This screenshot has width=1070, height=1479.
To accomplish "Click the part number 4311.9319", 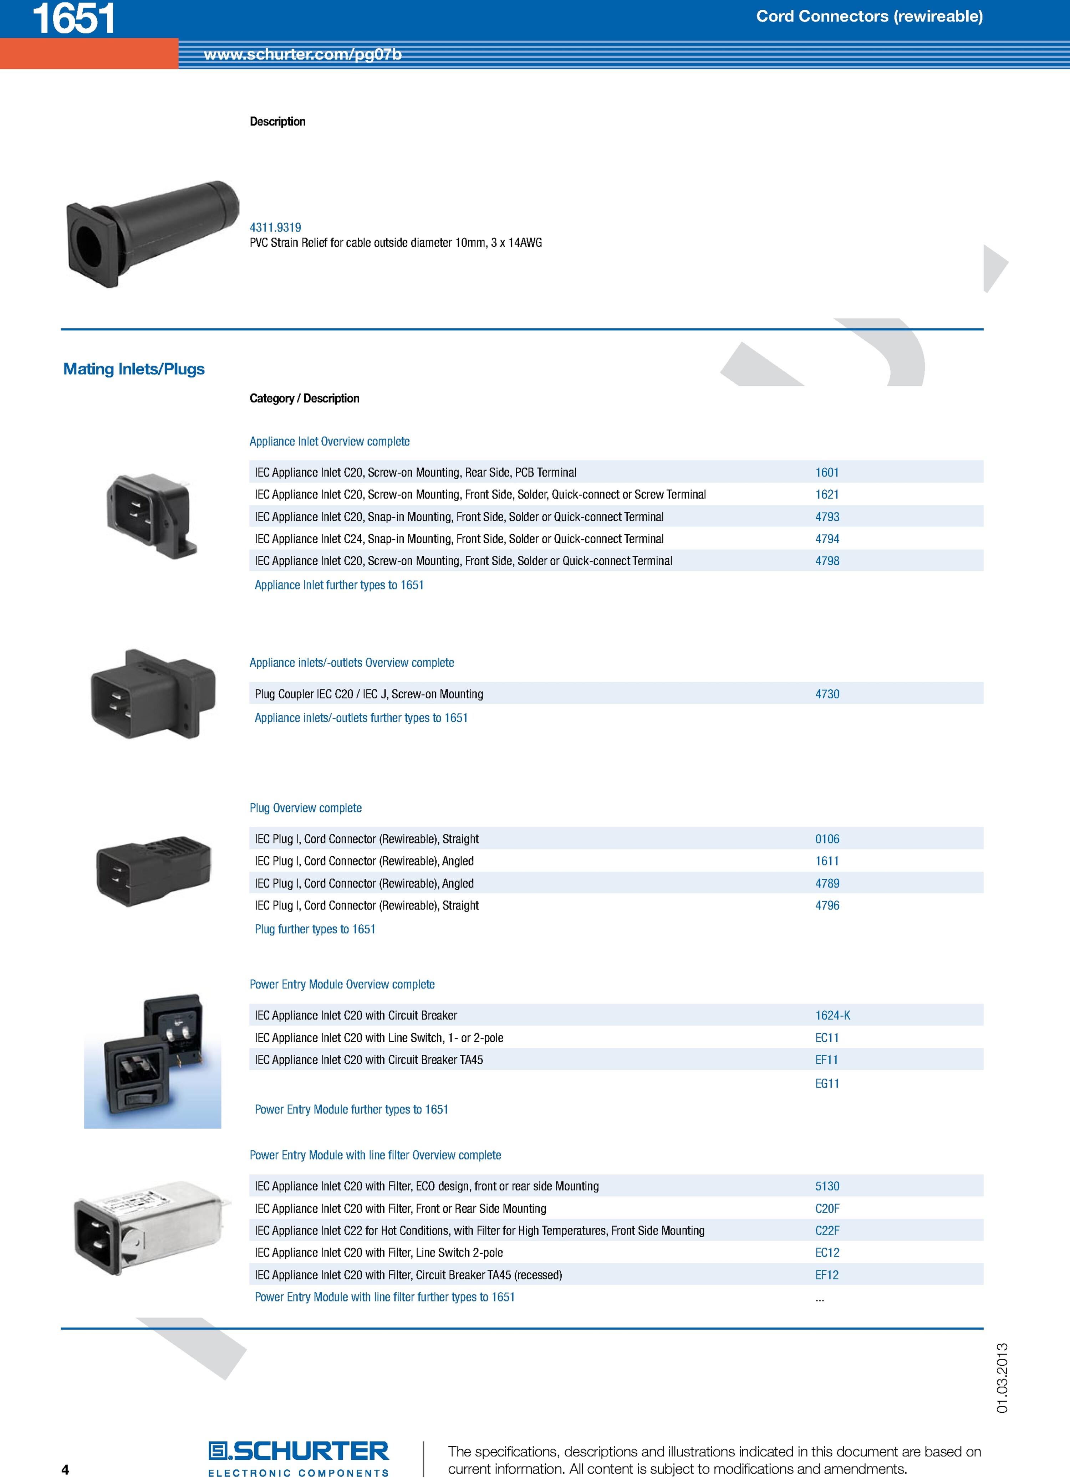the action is pos(275,227).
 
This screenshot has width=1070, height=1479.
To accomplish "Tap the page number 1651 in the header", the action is pos(74,18).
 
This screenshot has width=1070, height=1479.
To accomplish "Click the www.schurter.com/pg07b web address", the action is pos(303,54).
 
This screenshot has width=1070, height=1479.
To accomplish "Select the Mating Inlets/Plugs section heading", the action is pos(134,369).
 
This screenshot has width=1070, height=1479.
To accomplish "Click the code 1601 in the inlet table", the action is pos(827,472).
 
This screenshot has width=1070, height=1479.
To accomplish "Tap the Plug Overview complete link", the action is pos(305,808).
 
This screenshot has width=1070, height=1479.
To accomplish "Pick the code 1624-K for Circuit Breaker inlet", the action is pos(832,1015).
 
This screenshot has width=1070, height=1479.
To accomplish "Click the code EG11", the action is pos(827,1083).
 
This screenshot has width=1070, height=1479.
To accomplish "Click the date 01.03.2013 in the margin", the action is pos(1002,1378).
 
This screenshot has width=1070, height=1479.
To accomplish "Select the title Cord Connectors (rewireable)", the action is pos(869,16).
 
